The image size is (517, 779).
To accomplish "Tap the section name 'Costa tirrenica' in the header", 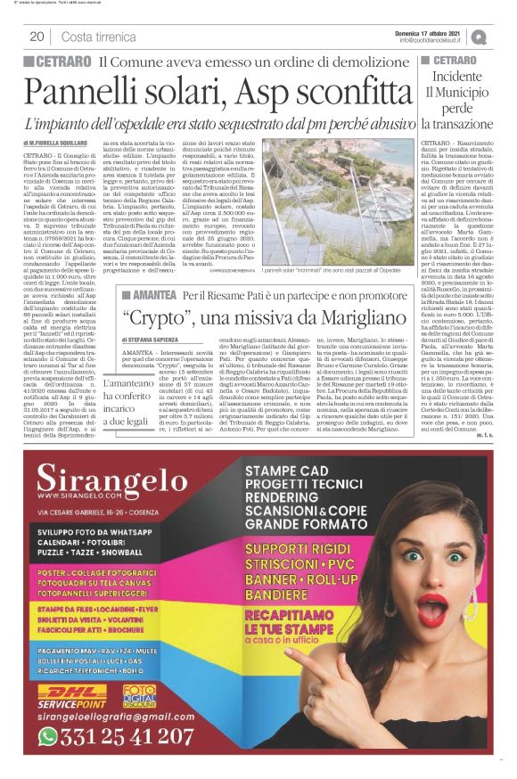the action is [99, 37].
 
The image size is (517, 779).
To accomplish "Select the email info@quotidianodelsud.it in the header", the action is [433, 40].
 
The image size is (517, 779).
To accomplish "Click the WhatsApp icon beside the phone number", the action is [49, 736].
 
